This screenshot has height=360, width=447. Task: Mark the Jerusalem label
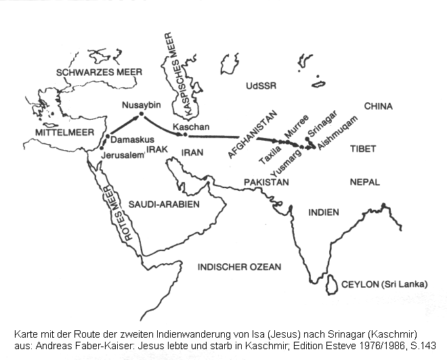pyautogui.click(x=123, y=155)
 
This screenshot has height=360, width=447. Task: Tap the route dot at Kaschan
pyautogui.click(x=183, y=135)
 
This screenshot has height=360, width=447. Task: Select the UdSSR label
pyautogui.click(x=263, y=86)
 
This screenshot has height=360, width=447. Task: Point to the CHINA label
pyautogui.click(x=379, y=106)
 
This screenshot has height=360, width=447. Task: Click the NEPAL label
pyautogui.click(x=365, y=183)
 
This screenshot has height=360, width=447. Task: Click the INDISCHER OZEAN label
pyautogui.click(x=239, y=267)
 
